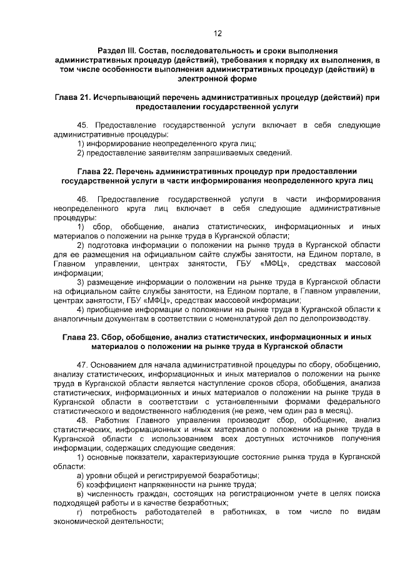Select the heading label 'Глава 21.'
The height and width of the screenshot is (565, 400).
pos(71,98)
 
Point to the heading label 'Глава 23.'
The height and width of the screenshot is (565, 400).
pos(81,337)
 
